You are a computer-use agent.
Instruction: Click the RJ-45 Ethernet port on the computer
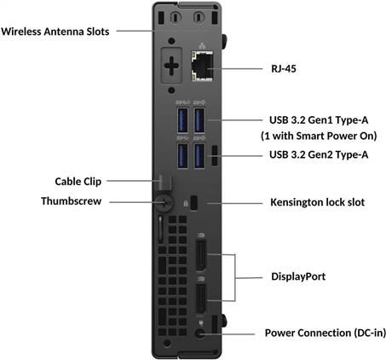click(202, 67)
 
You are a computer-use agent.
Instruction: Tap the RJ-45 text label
click(284, 69)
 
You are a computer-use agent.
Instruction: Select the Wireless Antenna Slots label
click(55, 32)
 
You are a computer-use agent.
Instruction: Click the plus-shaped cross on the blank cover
click(171, 66)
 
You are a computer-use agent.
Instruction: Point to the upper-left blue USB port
click(182, 120)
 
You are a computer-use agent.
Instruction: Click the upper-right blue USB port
click(199, 120)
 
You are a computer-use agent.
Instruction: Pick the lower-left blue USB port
click(182, 155)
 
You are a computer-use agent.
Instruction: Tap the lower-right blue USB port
click(199, 155)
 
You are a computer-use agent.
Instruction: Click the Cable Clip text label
click(78, 182)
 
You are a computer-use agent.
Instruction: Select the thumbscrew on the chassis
click(164, 202)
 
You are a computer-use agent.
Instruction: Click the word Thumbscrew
click(72, 201)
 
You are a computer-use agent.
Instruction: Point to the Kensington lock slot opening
click(194, 203)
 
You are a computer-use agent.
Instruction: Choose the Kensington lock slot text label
click(317, 202)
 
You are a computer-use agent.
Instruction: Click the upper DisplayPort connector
click(201, 255)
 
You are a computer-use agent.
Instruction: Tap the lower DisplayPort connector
click(201, 299)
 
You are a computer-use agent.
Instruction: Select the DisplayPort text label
click(298, 276)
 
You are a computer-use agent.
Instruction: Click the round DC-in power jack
click(200, 334)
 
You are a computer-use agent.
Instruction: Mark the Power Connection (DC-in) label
click(326, 333)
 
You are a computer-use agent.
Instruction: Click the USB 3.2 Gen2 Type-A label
click(319, 154)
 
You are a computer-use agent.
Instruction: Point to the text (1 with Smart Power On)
click(319, 136)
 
